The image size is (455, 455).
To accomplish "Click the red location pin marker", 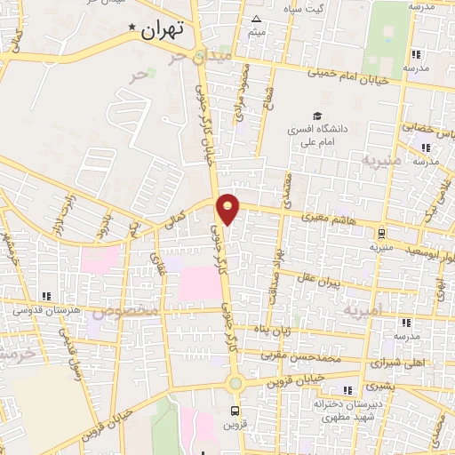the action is point(229,208).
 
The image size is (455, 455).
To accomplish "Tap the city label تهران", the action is point(162,28).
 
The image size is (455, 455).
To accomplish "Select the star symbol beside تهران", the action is point(133,28).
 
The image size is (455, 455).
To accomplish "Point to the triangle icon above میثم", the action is point(257,19).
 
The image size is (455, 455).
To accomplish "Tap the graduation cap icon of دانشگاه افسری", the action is point(316,116).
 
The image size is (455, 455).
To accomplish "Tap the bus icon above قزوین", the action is point(235,411).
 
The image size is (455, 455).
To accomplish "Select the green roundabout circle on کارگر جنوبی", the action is point(235,384).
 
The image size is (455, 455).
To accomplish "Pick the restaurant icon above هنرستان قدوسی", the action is point(46,295).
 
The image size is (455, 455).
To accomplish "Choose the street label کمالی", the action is point(179,216).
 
